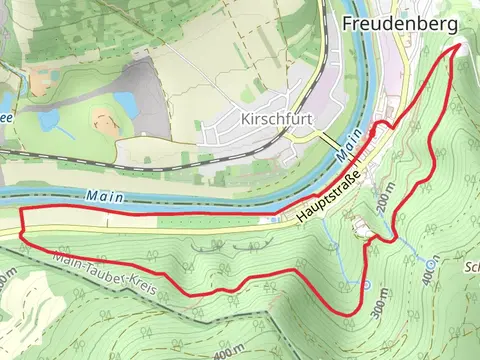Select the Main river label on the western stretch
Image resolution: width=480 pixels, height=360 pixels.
[x=106, y=196]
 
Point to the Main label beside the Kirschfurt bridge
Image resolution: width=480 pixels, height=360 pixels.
[x=347, y=151]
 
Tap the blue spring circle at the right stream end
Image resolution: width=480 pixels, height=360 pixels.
[x=431, y=264]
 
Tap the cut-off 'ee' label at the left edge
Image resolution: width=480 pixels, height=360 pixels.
[x=5, y=116]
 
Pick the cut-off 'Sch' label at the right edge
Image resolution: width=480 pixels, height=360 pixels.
[x=471, y=268]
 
